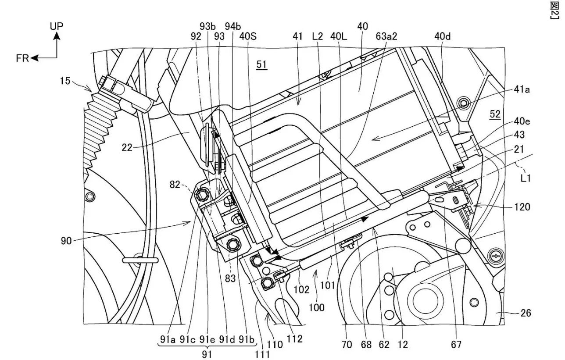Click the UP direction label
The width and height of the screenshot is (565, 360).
[57, 26]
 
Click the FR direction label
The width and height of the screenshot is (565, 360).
[21, 58]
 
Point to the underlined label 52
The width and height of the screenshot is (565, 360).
[495, 114]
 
